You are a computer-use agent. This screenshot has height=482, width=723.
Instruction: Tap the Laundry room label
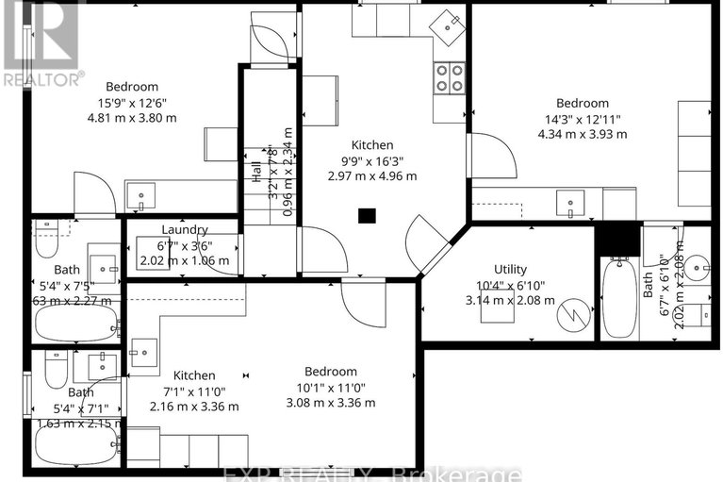[184, 229]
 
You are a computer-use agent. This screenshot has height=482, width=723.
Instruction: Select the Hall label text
[255, 172]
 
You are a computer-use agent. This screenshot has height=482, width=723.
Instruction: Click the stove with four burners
[450, 77]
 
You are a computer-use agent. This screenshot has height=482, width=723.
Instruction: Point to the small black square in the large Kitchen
[367, 215]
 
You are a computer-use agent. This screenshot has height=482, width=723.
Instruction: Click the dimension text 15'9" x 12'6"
[132, 103]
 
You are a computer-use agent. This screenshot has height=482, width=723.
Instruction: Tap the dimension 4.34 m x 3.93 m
[582, 134]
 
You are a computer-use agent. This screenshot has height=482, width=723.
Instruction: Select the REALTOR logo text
[43, 79]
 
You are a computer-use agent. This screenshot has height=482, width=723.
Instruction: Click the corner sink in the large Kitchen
[446, 24]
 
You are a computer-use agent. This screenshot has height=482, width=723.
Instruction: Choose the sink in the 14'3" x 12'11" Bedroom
[571, 202]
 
